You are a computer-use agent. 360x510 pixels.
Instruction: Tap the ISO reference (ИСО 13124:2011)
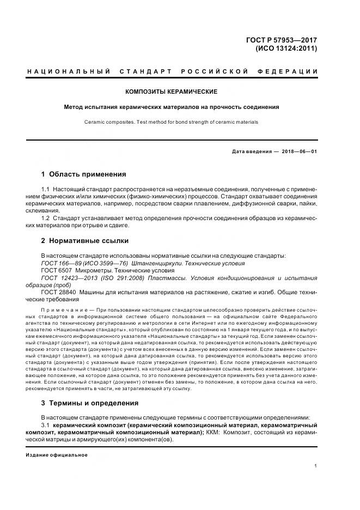click(286, 48)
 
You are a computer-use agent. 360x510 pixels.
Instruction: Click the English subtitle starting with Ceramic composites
click(171, 122)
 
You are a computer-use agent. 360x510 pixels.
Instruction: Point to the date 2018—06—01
click(298, 151)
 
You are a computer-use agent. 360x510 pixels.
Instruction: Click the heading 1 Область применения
click(83, 174)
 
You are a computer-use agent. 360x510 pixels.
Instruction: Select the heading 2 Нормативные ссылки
click(85, 240)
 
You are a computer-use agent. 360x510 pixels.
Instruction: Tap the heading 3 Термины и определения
click(90, 403)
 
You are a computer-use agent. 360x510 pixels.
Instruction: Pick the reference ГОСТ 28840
click(60, 292)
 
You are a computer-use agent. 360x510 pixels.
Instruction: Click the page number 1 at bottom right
click(316, 466)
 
